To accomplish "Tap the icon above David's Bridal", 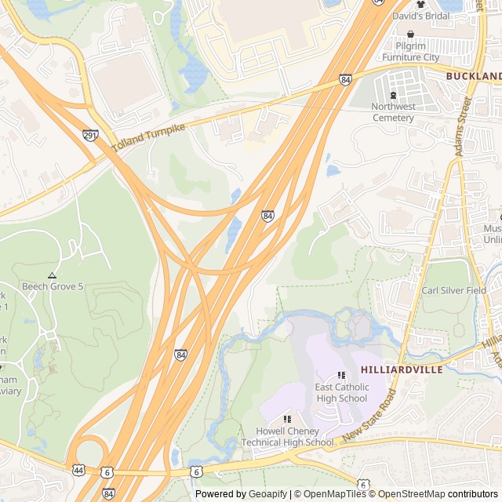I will click(x=420, y=5).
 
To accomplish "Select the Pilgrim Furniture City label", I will click(x=411, y=57).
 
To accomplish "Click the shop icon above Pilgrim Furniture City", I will click(x=410, y=34).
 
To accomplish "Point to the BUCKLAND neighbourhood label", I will click(x=474, y=76).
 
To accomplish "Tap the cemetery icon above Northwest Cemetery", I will click(x=393, y=95).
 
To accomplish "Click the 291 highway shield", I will click(x=90, y=135).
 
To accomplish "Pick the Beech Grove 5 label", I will click(x=53, y=286).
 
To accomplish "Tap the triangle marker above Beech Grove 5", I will click(x=52, y=275).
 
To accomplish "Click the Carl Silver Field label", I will click(x=453, y=290).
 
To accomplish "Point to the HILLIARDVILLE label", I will click(x=402, y=369).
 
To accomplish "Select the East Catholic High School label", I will click(x=341, y=393).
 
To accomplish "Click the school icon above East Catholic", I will click(x=341, y=376).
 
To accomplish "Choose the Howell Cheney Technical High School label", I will click(x=287, y=437).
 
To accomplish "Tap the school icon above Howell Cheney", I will click(x=287, y=420).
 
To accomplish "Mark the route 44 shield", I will click(x=78, y=470).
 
